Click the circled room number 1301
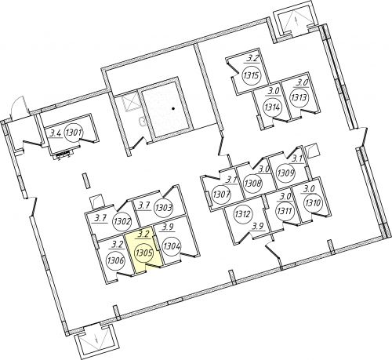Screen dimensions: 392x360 74,133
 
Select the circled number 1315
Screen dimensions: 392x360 252,75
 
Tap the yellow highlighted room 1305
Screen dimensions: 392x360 145,252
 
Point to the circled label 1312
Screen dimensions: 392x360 242,214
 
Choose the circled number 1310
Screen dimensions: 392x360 313,203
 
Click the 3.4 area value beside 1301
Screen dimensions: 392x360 56,134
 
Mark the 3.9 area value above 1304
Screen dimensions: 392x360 168,227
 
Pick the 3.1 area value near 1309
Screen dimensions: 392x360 297,158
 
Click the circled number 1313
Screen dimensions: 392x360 299,98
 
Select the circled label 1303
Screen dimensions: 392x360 164,208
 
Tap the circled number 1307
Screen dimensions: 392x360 221,195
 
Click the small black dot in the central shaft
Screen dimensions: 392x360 172,108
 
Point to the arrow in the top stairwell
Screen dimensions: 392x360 296,20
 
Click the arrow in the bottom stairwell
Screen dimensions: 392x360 97,340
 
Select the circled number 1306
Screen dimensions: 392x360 115,260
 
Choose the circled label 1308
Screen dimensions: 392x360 253,183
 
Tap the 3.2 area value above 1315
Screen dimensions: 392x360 252,59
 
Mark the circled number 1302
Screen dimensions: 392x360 122,223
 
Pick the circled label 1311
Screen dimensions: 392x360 285,211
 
